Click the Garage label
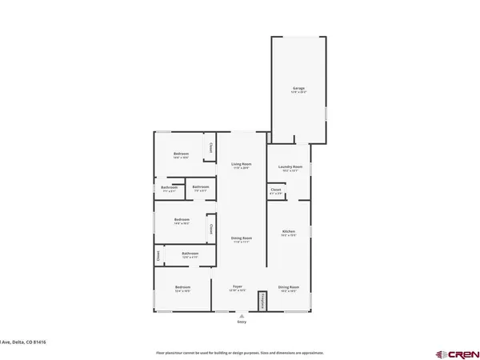[x=298, y=89]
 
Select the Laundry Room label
[x=289, y=167]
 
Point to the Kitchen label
[x=289, y=233]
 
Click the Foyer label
[x=238, y=286]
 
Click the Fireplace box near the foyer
[x=261, y=300]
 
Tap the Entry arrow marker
[x=242, y=316]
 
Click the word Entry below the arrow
[x=242, y=322]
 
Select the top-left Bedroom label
[x=181, y=154]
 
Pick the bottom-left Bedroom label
[x=182, y=287]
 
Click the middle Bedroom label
[x=182, y=220]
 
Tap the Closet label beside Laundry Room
[x=276, y=191]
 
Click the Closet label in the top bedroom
[x=210, y=147]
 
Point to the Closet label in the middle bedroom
[x=210, y=230]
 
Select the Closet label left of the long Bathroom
[x=158, y=256]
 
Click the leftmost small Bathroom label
[x=169, y=189]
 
